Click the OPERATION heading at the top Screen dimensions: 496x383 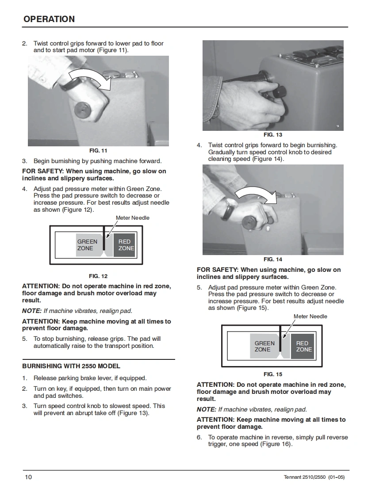(49, 19)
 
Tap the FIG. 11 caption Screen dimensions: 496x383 (98, 151)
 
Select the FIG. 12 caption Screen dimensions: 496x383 (98, 276)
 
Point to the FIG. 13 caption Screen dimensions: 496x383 (272, 135)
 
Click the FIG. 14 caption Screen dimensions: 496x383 (272, 259)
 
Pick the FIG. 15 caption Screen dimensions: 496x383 (273, 374)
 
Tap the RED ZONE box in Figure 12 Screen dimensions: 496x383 (125, 245)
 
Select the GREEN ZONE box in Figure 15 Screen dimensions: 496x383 (265, 346)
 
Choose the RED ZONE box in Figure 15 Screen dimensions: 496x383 (303, 346)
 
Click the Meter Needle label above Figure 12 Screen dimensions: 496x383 (133, 218)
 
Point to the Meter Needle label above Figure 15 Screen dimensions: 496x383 (310, 317)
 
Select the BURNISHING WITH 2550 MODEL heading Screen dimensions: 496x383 (71, 366)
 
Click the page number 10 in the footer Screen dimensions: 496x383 (28, 477)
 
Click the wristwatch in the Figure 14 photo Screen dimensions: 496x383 (228, 209)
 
